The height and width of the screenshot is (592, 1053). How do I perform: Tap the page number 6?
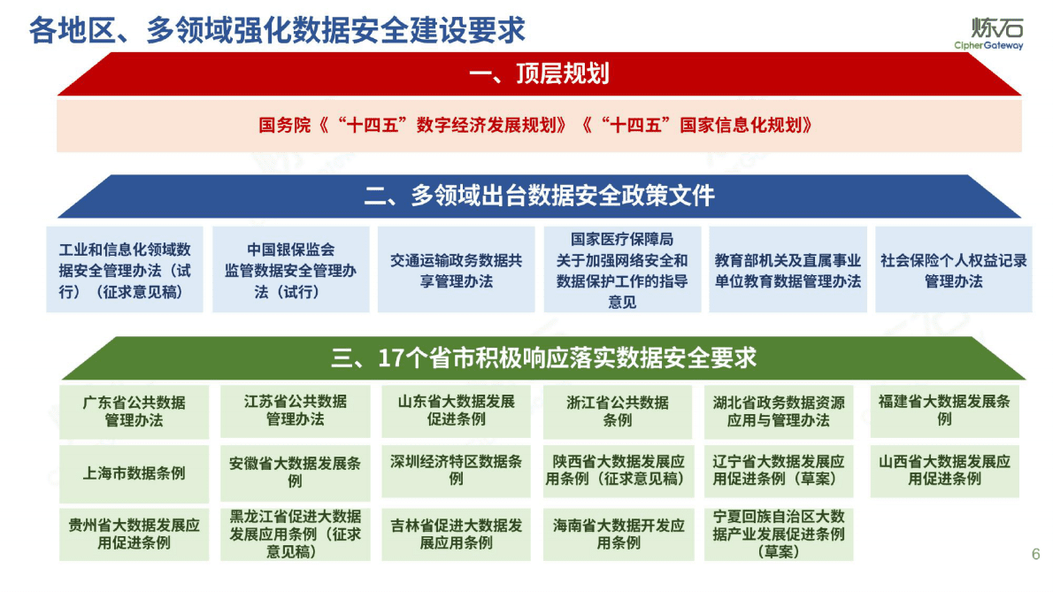point(1035,555)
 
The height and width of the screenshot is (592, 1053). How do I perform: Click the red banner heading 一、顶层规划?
point(539,73)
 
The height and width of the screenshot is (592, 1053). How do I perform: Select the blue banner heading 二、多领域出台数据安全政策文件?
point(539,196)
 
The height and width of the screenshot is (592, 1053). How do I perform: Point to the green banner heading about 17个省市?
point(543,358)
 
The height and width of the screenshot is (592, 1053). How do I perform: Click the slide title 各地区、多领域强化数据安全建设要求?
point(277,30)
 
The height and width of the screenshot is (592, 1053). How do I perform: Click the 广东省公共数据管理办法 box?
point(135,411)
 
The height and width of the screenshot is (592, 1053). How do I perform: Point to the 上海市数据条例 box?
point(135,473)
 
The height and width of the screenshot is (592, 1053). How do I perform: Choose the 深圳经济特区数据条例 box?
point(456,470)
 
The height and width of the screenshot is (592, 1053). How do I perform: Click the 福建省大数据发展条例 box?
point(944,410)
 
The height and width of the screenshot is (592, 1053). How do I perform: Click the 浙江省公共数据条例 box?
point(618,411)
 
